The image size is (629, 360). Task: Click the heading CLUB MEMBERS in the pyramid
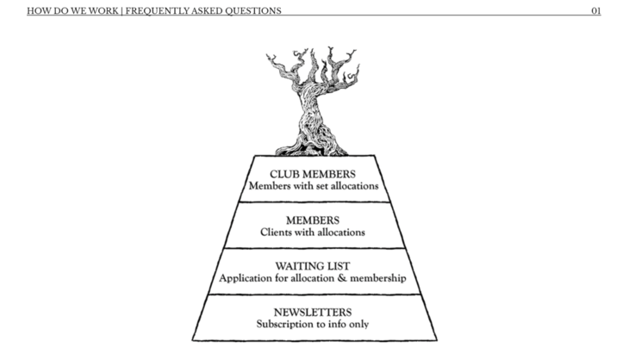point(313,173)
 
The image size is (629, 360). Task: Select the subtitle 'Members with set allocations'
point(313,185)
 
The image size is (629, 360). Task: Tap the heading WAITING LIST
point(313,266)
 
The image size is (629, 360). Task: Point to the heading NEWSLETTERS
point(313,312)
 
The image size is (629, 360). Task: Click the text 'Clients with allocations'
point(313,232)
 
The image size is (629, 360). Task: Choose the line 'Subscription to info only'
point(313,325)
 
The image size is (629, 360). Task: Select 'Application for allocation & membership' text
point(313,278)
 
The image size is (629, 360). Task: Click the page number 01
point(595,11)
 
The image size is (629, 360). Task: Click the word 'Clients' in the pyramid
point(276,232)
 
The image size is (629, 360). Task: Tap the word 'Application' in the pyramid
point(244,278)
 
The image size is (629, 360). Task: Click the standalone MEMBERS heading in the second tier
point(313,220)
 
